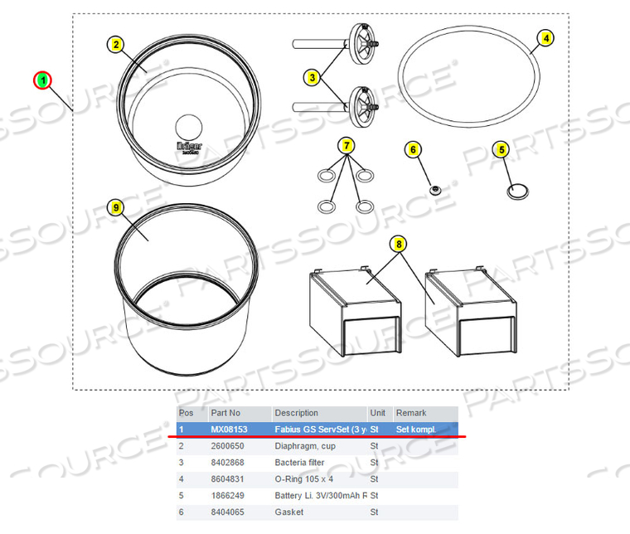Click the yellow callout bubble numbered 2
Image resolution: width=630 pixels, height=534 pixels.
[117, 45]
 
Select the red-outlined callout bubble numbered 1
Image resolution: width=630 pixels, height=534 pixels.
[42, 80]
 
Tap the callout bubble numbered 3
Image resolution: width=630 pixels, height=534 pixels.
[313, 77]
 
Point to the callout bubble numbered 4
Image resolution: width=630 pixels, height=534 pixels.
[545, 37]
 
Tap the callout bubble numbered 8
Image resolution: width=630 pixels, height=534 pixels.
[400, 244]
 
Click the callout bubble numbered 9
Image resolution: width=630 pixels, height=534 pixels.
[117, 208]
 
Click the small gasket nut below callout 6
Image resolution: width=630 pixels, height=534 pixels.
[434, 190]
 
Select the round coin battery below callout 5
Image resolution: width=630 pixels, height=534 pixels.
[516, 191]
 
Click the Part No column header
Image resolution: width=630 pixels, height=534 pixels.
[225, 413]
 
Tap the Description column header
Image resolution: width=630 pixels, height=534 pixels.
[296, 413]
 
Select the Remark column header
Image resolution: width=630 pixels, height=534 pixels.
[411, 413]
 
